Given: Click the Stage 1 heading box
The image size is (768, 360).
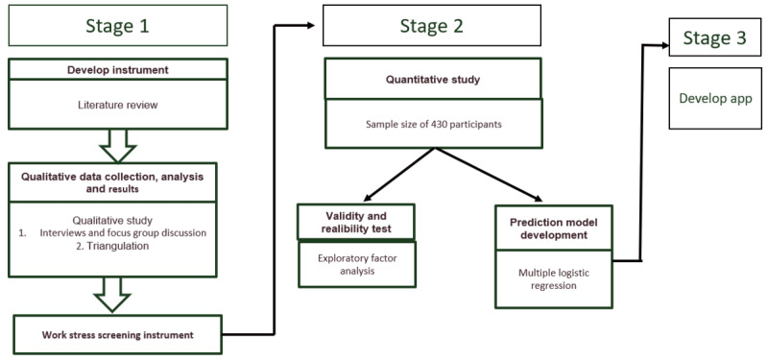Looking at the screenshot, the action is pos(117,26).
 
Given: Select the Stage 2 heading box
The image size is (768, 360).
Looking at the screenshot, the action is pos(431,26).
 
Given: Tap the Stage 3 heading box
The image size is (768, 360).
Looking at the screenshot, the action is pos(714,37).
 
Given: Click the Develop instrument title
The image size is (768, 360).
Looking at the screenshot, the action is pos(117,70).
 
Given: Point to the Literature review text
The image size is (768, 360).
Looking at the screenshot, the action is pos(117,105).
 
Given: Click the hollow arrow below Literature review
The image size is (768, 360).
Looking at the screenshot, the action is pos(117,146).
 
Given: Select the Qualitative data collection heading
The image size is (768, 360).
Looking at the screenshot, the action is pos(112,182).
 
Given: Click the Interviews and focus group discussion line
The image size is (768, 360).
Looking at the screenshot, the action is pos(112,233).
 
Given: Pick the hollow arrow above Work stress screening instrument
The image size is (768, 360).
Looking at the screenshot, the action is pos(112,295).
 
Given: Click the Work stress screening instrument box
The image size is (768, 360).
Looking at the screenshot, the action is pos(117,334).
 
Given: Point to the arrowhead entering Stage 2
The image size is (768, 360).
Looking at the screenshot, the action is pos(310,26).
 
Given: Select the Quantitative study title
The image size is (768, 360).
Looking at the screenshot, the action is pos(433,80).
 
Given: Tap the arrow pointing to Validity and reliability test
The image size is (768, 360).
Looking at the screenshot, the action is pos(398,175).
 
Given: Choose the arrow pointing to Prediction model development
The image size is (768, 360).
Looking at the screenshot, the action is pos(489,175).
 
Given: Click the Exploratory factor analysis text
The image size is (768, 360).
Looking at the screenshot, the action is pos(357,265).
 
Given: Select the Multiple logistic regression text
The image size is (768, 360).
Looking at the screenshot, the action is pos(554,279).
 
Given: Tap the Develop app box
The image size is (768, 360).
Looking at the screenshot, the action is pos(714,99).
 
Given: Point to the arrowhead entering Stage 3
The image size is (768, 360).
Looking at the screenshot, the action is pos(664,45).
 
